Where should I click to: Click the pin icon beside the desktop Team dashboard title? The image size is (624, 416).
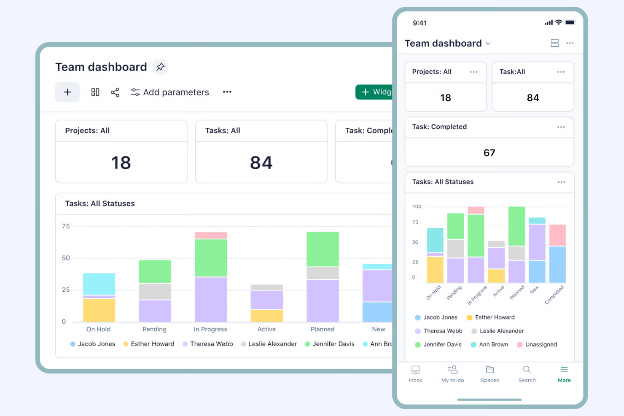click(160, 67)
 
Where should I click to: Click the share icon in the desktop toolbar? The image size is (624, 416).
click(115, 92)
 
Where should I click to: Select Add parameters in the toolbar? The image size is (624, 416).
click(170, 92)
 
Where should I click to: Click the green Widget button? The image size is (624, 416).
click(375, 92)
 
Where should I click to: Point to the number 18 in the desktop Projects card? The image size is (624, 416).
click(121, 163)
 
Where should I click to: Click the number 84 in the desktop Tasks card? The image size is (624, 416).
click(261, 163)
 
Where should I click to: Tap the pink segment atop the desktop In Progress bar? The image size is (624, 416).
click(211, 235)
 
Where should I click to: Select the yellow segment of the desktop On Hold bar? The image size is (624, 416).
click(99, 310)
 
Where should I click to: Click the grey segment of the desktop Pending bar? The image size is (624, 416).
click(155, 291)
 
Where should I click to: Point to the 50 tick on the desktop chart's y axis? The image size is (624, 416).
click(66, 258)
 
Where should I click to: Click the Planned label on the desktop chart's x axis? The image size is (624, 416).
click(323, 329)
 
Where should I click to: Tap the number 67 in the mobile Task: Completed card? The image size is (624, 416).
click(489, 153)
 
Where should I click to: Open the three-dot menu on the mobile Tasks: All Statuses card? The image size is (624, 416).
click(561, 182)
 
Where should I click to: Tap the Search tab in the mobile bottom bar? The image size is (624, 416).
click(527, 374)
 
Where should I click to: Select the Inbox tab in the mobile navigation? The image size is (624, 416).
click(415, 374)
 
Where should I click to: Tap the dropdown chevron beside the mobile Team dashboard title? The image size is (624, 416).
click(488, 43)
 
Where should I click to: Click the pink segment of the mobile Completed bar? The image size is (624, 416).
click(557, 235)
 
